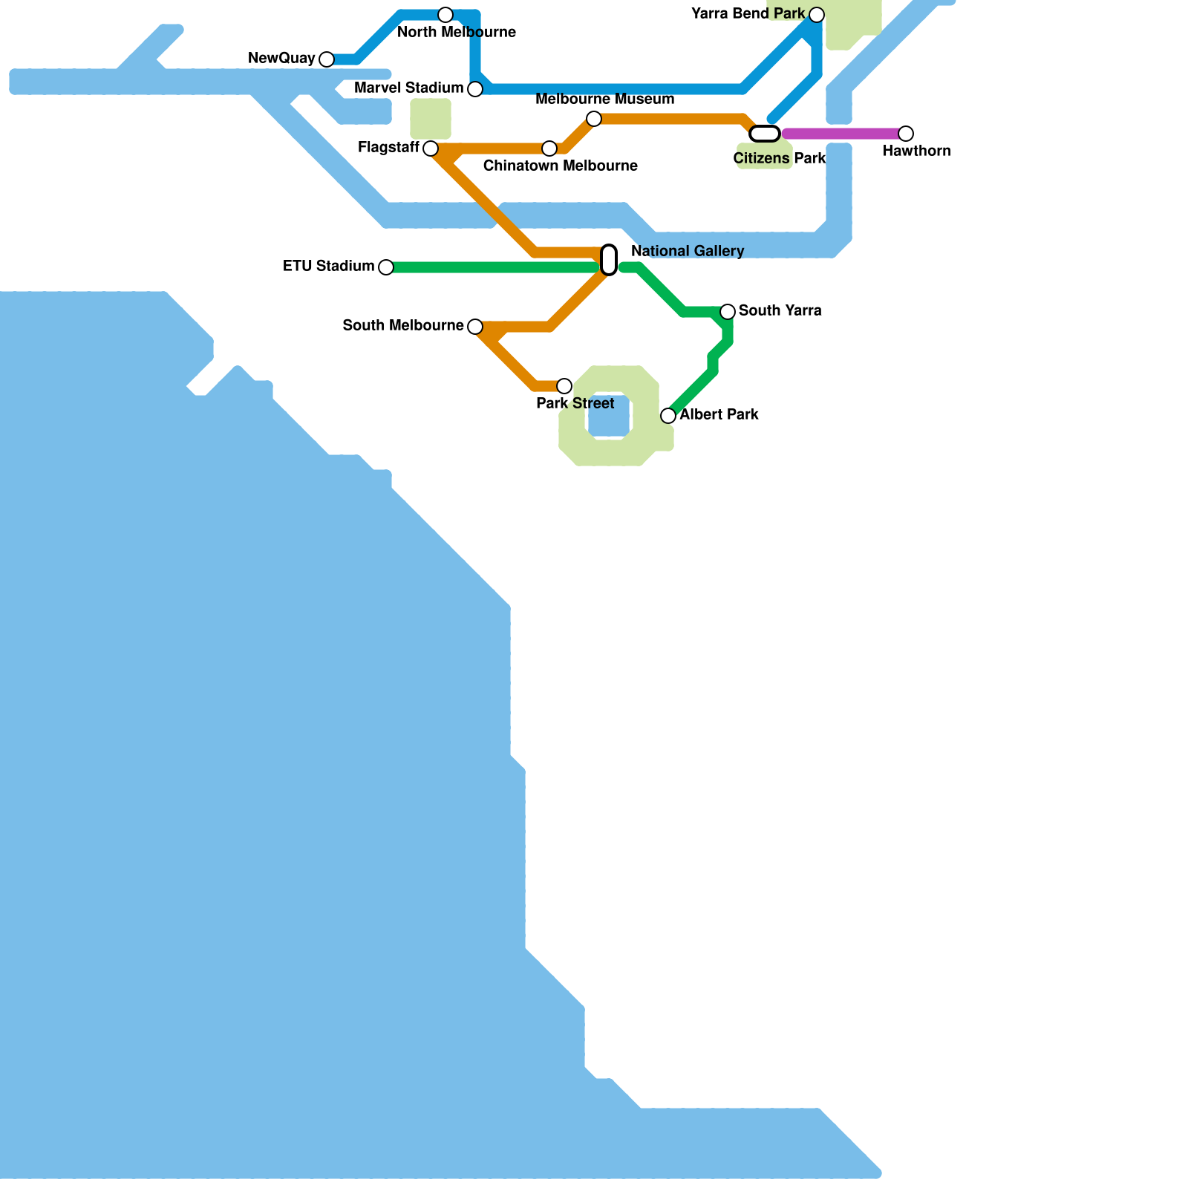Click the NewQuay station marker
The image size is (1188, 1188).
(327, 59)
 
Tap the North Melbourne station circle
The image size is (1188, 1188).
(446, 15)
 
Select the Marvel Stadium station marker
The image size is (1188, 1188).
(475, 89)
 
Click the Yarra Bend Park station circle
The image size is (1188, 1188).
(817, 15)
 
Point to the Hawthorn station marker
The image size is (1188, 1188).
(906, 134)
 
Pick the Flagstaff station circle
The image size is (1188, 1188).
(431, 148)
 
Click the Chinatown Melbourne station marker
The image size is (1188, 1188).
(549, 148)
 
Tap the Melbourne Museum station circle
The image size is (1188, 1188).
(594, 119)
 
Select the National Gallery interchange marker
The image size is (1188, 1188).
(609, 260)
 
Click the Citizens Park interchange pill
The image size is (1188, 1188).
(765, 134)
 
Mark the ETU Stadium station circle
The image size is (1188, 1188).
(386, 267)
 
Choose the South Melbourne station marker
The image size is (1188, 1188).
(475, 327)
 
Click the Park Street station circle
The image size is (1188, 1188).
(564, 386)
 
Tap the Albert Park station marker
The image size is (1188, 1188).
(668, 416)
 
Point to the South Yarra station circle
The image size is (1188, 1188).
(728, 312)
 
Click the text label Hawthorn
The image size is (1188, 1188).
(916, 151)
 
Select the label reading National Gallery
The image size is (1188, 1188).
(688, 251)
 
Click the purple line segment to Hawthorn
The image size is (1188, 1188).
(843, 134)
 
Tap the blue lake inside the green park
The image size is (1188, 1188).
(609, 416)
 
